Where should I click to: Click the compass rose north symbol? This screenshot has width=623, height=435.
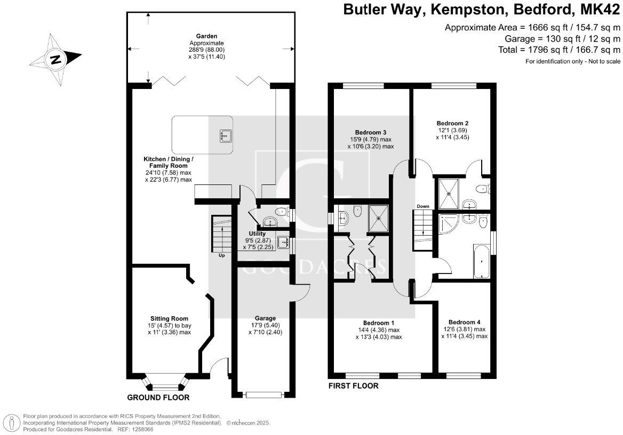(x=55, y=60)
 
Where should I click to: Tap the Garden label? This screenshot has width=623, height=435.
(x=206, y=36)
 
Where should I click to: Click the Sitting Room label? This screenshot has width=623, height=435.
(x=169, y=318)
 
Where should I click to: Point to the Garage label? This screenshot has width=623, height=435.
(x=265, y=318)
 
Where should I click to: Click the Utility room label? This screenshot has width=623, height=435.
(x=257, y=233)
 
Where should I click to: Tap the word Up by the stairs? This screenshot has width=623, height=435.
(x=222, y=255)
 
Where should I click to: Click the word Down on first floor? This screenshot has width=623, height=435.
(x=423, y=206)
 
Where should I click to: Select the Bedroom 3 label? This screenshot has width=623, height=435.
(x=371, y=132)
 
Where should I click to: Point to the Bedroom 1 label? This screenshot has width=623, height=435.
(x=379, y=323)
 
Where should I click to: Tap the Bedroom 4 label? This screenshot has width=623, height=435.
(x=465, y=322)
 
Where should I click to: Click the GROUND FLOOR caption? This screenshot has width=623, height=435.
(x=158, y=397)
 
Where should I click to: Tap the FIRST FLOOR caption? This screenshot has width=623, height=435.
(x=353, y=386)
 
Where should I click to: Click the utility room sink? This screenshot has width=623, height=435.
(x=283, y=241)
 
